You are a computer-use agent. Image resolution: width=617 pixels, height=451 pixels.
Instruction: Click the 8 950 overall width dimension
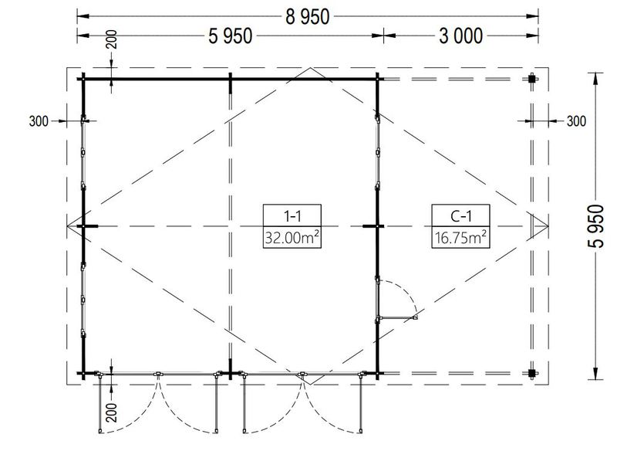click(x=307, y=17)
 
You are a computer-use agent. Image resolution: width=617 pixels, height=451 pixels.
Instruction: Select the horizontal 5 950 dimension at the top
click(x=230, y=36)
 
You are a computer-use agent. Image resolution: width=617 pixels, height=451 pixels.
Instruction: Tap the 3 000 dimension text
click(x=460, y=36)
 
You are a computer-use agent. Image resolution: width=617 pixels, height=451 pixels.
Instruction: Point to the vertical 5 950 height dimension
click(x=595, y=226)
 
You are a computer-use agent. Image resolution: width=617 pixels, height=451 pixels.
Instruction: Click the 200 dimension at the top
click(x=112, y=39)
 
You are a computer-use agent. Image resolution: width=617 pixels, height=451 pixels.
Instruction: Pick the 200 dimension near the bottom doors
click(x=112, y=412)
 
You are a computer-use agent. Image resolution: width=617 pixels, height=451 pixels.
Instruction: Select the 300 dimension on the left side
click(x=39, y=121)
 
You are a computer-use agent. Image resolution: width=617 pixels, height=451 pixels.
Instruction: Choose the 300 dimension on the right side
click(x=576, y=121)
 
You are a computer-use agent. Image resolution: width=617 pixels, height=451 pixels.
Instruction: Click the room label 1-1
click(x=292, y=216)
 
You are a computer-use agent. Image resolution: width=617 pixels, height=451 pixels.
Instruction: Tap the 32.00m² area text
click(x=292, y=238)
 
